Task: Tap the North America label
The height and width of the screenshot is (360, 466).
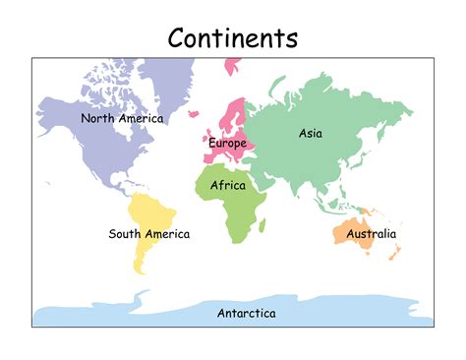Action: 122,118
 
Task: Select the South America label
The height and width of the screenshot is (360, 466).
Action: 149,234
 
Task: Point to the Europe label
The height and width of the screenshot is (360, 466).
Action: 227,144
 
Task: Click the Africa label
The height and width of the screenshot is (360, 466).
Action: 228,184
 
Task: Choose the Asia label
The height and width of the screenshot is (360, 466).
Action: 310,133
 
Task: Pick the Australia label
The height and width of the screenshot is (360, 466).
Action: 371,234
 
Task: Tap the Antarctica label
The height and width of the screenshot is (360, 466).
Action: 246,313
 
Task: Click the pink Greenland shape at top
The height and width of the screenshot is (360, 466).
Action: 233,66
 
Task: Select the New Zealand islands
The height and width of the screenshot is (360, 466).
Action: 395,254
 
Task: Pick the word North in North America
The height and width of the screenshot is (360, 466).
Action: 97,118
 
